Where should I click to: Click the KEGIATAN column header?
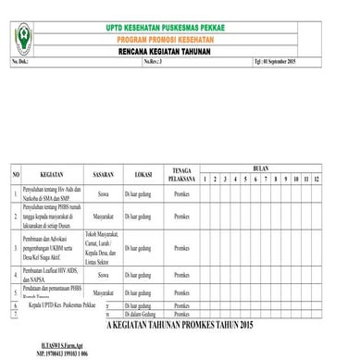point(58,173)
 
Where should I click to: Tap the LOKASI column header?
point(143,173)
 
